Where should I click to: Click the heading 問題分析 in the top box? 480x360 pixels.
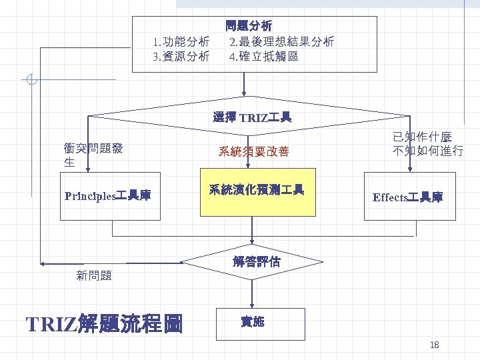(x=248, y=27)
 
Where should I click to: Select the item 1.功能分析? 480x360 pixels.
(x=181, y=42)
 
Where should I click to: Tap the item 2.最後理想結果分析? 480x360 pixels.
(x=281, y=42)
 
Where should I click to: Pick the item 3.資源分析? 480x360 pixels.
(x=181, y=57)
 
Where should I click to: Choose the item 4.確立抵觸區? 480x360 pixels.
(x=263, y=57)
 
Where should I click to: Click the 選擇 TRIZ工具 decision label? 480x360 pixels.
(x=252, y=118)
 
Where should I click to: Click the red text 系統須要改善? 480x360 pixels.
(x=253, y=152)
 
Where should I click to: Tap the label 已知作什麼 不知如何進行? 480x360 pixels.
(x=427, y=143)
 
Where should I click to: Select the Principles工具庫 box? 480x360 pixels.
(x=110, y=196)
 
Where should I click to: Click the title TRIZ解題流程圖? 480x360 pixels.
(x=103, y=324)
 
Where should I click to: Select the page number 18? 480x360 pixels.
(x=435, y=344)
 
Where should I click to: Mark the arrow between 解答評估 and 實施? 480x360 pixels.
(x=252, y=295)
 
